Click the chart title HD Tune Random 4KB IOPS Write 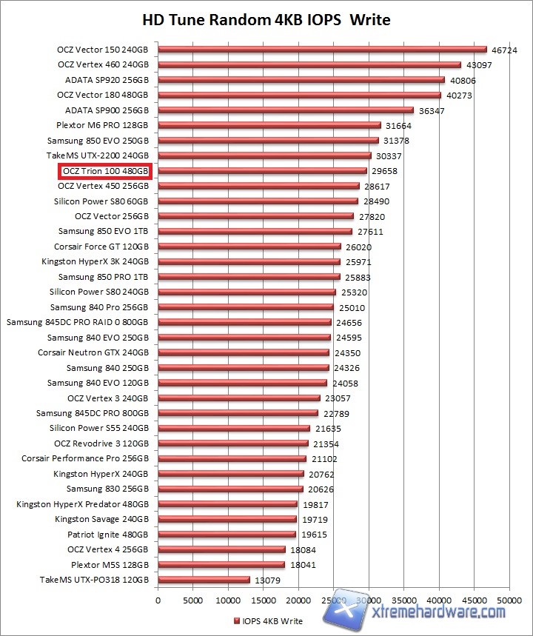pyautogui.click(x=266, y=19)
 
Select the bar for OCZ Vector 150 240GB pyautogui.click(x=322, y=50)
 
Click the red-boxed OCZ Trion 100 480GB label pyautogui.click(x=106, y=171)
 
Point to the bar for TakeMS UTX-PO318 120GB pyautogui.click(x=204, y=580)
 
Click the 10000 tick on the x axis pyautogui.click(x=228, y=600)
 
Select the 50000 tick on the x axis pyautogui.click(x=509, y=600)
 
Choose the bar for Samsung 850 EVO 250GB pyautogui.click(x=268, y=141)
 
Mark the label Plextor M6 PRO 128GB pyautogui.click(x=102, y=125)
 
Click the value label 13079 pyautogui.click(x=267, y=580)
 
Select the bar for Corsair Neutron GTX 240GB pyautogui.click(x=244, y=352)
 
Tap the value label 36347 pyautogui.click(x=434, y=110)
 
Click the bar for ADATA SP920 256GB pyautogui.click(x=301, y=80)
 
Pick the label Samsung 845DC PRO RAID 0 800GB pyautogui.click(x=78, y=322)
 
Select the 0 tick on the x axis pyautogui.click(x=158, y=600)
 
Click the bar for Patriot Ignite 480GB pyautogui.click(x=227, y=535)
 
